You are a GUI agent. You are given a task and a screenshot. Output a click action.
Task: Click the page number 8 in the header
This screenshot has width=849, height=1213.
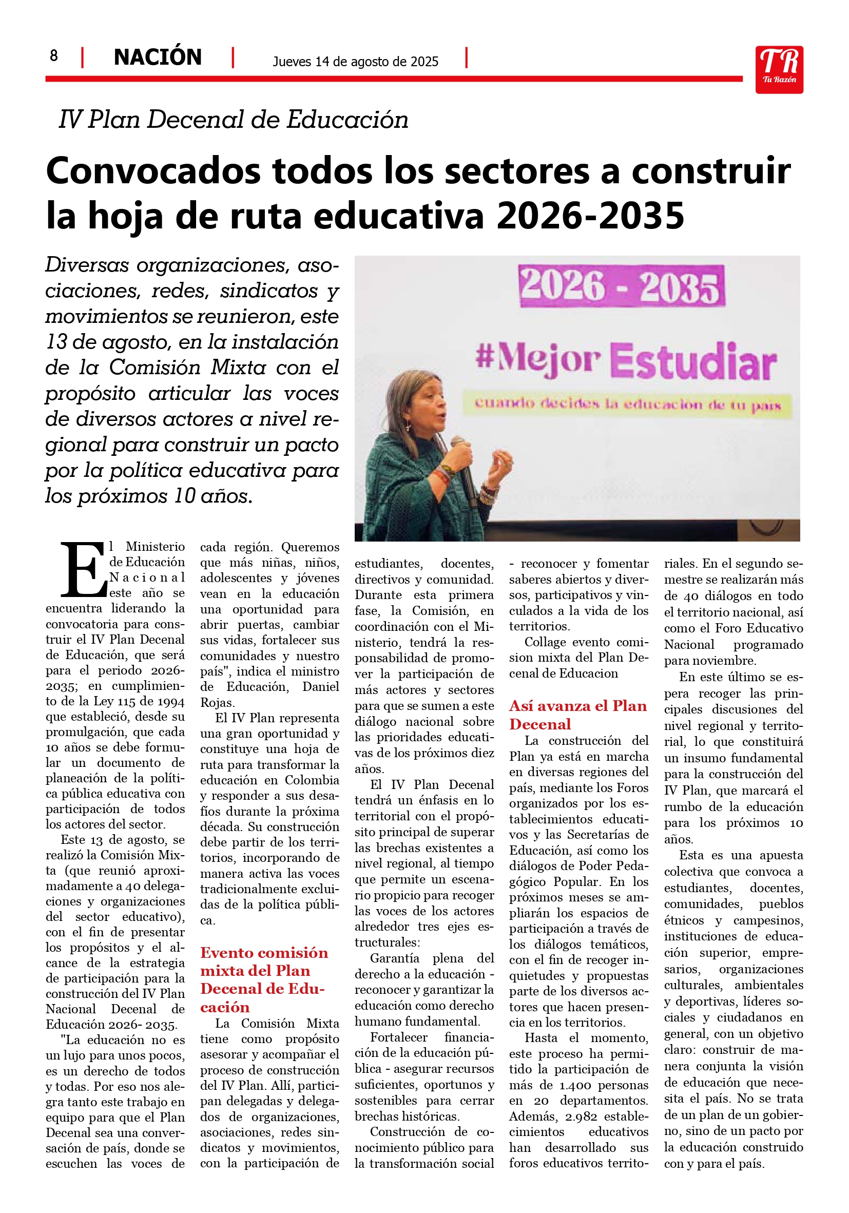53,55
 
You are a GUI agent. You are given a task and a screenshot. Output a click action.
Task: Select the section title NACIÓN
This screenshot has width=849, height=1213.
158,57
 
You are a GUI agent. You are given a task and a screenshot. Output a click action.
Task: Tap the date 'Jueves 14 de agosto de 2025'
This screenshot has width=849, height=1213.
355,62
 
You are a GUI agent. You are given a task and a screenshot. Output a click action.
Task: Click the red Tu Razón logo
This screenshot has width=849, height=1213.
779,69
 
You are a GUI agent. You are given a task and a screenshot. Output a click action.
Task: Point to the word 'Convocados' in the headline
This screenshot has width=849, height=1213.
153,171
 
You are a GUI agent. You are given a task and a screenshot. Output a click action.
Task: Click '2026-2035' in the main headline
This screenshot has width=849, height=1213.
590,216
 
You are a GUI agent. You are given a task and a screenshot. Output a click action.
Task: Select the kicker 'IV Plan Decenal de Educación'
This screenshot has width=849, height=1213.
234,120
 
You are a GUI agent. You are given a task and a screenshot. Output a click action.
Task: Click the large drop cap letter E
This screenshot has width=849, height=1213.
84,569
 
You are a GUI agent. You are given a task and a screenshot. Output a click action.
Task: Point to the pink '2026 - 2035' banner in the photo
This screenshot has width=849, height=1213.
622,286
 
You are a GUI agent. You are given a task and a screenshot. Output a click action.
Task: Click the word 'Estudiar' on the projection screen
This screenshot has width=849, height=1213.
692,362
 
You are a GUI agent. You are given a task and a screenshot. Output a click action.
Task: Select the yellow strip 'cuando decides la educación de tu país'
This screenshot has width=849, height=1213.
627,405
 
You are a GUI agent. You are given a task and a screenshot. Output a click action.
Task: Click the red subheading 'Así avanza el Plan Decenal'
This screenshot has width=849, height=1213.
577,715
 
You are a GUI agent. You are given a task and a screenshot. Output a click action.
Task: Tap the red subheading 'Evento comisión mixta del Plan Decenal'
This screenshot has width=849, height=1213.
264,979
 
